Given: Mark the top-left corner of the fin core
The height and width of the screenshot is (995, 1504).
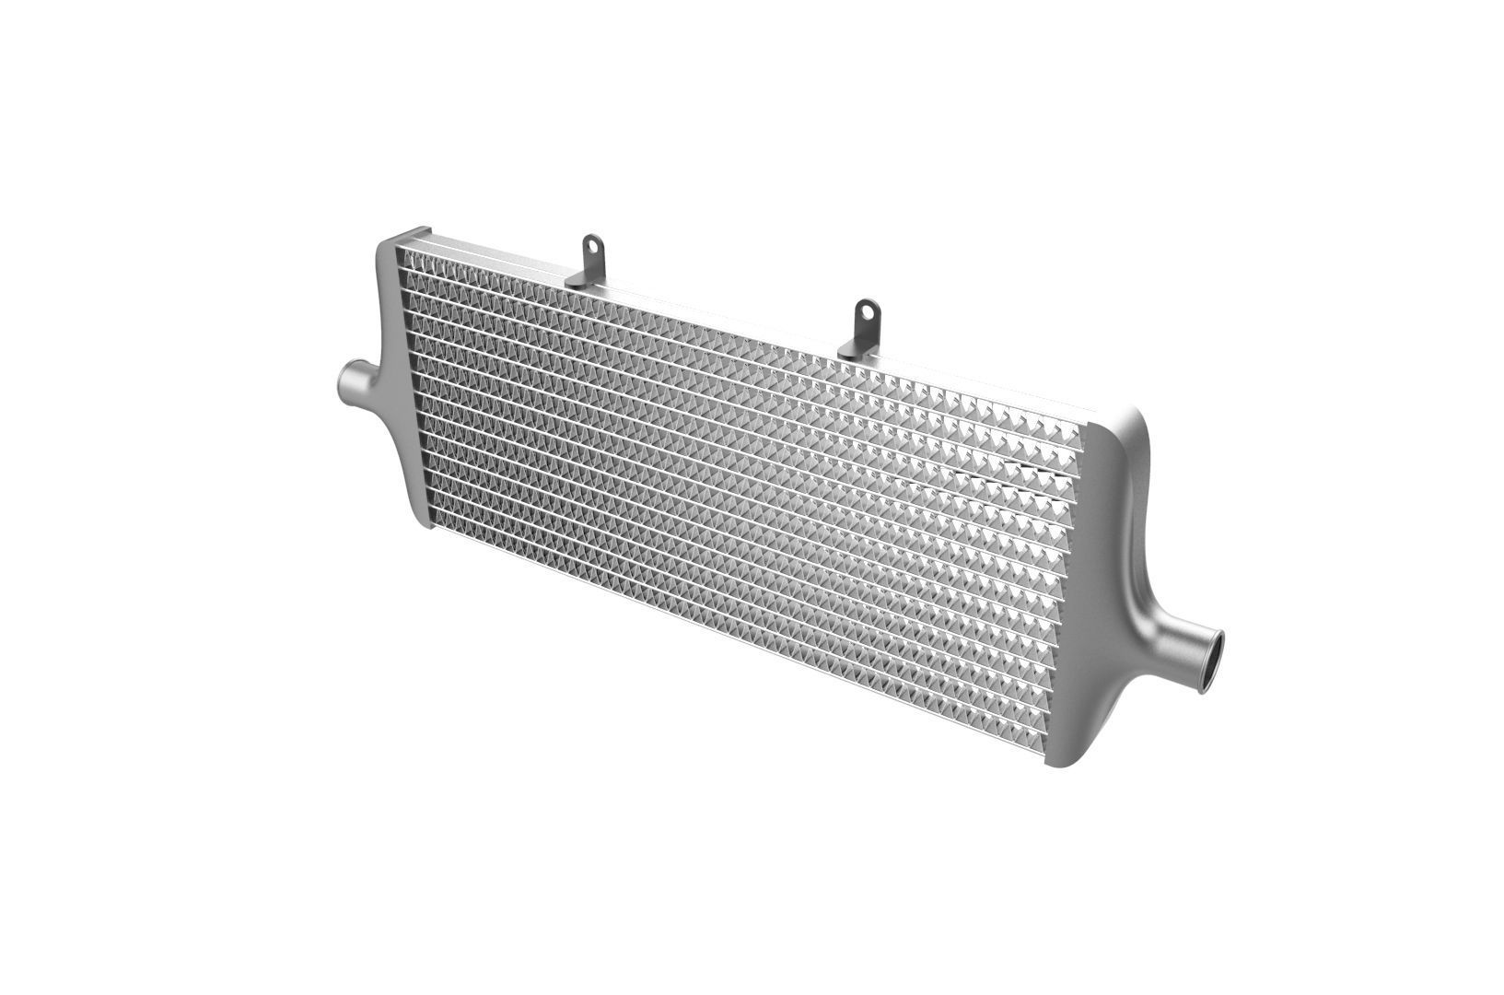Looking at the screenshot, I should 402,249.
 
